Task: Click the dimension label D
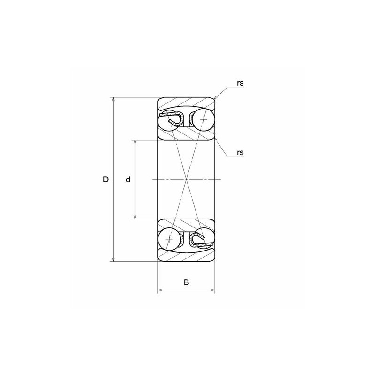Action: [x=106, y=180]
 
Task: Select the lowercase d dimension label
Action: [x=128, y=180]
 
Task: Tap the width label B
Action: [x=186, y=282]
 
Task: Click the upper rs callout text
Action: [x=240, y=83]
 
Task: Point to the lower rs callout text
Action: [x=240, y=152]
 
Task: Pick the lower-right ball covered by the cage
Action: [x=202, y=240]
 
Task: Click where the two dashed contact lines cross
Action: [x=187, y=180]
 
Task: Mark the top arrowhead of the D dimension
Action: [x=113, y=99]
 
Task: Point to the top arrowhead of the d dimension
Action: [x=135, y=141]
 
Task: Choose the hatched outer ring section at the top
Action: [x=187, y=103]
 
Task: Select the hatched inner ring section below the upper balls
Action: [x=187, y=133]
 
